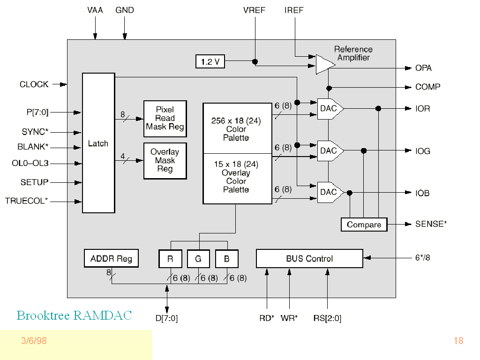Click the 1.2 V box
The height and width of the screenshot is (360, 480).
coord(210,61)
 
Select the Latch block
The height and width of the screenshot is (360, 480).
coord(98,143)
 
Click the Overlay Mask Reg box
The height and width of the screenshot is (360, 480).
coord(165,160)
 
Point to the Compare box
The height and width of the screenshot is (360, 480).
coord(364,225)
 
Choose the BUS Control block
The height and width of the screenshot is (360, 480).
coord(309,259)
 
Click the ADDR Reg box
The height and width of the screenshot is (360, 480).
coord(111,258)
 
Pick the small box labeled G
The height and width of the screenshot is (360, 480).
coord(198,259)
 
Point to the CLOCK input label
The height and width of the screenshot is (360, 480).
coord(34,84)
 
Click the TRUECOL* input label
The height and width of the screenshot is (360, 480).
coord(27,201)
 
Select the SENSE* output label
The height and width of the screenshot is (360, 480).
coord(431,224)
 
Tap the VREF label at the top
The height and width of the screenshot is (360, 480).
coord(255,10)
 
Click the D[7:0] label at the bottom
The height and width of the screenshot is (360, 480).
coord(166,319)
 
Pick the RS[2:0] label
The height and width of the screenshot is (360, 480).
coord(327,319)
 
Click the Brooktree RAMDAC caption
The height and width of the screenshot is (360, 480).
coord(74,315)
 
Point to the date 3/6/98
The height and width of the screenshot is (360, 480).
coord(34,341)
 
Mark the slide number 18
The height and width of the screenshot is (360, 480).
coord(458,341)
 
